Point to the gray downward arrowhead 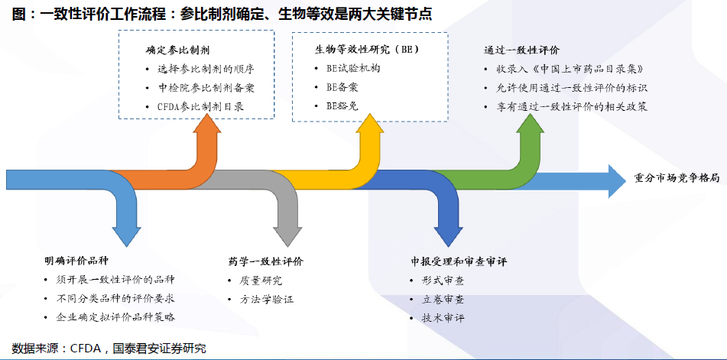click(287, 236)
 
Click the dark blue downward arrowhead click(448, 236)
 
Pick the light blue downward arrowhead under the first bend click(127, 236)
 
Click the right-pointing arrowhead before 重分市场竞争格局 click(617, 180)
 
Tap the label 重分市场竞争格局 click(677, 179)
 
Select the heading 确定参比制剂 click(174, 49)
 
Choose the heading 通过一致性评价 click(518, 50)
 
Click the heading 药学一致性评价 click(266, 261)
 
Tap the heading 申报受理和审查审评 click(458, 261)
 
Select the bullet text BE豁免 click(342, 106)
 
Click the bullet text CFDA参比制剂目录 click(200, 106)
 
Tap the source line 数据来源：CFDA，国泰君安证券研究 click(109, 349)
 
